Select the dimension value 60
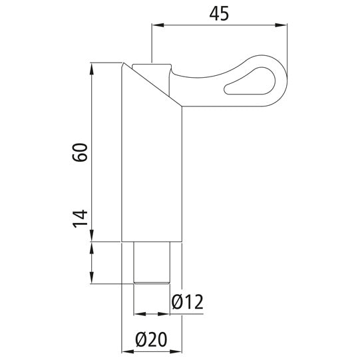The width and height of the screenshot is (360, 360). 81,153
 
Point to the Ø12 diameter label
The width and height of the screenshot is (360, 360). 187,301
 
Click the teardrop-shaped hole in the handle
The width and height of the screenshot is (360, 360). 252,80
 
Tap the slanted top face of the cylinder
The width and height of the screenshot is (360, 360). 152,83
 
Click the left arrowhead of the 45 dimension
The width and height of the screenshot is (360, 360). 156,25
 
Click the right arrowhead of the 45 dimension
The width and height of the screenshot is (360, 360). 284,25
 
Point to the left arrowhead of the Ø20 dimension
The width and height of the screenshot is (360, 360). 125,351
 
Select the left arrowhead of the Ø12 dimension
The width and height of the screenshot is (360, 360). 137,313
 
